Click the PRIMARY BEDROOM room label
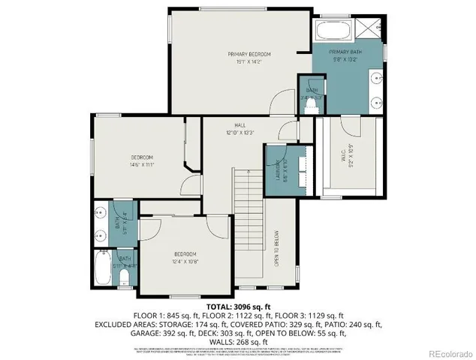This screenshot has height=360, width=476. pyautogui.click(x=249, y=55)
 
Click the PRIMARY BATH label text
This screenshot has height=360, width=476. pyautogui.click(x=345, y=52)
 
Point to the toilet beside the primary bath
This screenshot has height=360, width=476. pyautogui.click(x=307, y=104)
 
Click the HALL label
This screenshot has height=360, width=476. pyautogui.click(x=240, y=126)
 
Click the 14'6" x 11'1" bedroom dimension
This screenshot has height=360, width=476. pyautogui.click(x=142, y=164)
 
